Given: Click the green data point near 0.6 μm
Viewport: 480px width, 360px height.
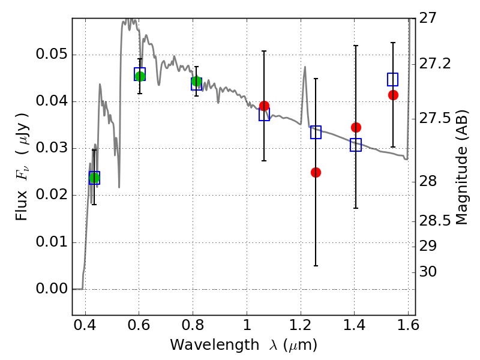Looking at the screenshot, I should [140, 76].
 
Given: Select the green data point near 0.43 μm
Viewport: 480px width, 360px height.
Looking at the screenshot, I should [94, 178].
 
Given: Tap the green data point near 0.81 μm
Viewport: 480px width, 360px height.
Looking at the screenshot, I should [196, 82].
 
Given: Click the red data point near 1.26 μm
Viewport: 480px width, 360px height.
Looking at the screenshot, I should [316, 172].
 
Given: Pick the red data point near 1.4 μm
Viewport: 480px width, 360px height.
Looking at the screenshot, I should [356, 127].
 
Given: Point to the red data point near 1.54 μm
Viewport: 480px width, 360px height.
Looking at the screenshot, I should [393, 95].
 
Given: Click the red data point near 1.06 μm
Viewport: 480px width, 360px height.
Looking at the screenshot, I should [264, 106].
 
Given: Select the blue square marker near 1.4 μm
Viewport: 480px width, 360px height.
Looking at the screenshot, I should [356, 145].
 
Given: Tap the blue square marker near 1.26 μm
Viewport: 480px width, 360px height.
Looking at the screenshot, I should [316, 133].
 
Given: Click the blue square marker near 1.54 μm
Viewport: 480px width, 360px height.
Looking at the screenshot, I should [393, 79].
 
